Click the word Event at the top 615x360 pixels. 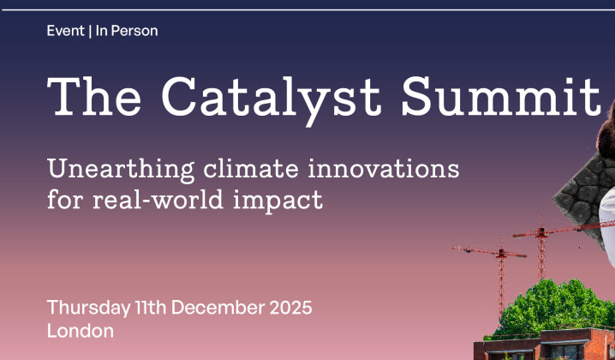(65, 31)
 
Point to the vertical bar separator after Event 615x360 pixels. (90, 31)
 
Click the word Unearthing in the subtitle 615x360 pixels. (121, 168)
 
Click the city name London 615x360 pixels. (81, 331)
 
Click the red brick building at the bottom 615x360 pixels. (548, 347)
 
